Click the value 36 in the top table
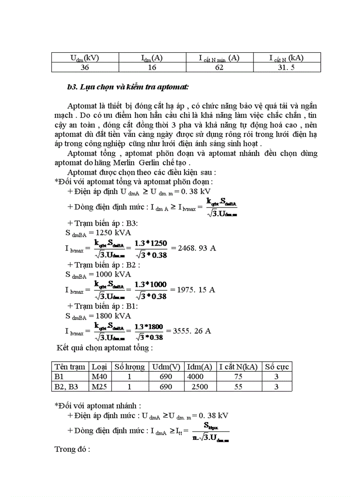coord(85,67)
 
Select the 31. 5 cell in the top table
coord(287,67)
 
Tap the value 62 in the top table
coord(219,67)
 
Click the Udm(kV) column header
coord(85,58)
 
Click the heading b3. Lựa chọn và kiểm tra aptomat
coord(128,87)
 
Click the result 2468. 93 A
coord(196,248)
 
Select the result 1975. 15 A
coord(196,290)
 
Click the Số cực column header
coord(277,366)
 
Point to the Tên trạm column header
coord(70,366)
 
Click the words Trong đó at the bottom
coord(72,450)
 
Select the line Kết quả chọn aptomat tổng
coord(104,347)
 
